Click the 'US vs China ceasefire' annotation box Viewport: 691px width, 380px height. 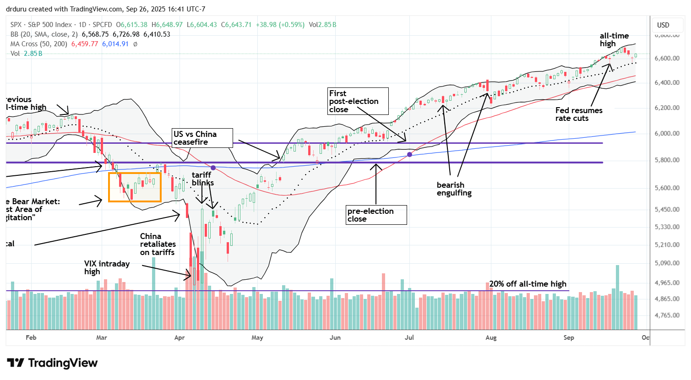pyautogui.click(x=202, y=138)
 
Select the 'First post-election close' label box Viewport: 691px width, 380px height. pyautogui.click(x=358, y=101)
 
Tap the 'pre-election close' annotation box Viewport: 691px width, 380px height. pyautogui.click(x=376, y=215)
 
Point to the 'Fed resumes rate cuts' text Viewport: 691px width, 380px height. pyautogui.click(x=579, y=114)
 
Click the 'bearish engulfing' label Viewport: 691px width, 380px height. pyautogui.click(x=454, y=189)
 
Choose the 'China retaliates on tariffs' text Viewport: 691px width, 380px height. pyautogui.click(x=158, y=244)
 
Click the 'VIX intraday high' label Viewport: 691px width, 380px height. pyautogui.click(x=107, y=267)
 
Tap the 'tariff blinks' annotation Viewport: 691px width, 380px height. pyautogui.click(x=202, y=179)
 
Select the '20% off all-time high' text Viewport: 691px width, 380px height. pyautogui.click(x=528, y=284)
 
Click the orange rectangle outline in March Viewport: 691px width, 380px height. pyautogui.click(x=135, y=187)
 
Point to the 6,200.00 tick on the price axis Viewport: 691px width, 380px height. pyautogui.click(x=667, y=108)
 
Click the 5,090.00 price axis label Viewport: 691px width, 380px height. pyautogui.click(x=667, y=263)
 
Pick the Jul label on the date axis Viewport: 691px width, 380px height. pyautogui.click(x=409, y=337)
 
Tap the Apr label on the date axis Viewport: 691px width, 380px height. pyautogui.click(x=180, y=337)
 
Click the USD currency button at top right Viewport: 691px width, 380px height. pyautogui.click(x=663, y=25)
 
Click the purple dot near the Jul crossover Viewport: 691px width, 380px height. pyautogui.click(x=409, y=155)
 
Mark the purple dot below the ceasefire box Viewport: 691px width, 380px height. pyautogui.click(x=213, y=168)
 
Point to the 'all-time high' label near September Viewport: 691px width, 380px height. pyautogui.click(x=614, y=39)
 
